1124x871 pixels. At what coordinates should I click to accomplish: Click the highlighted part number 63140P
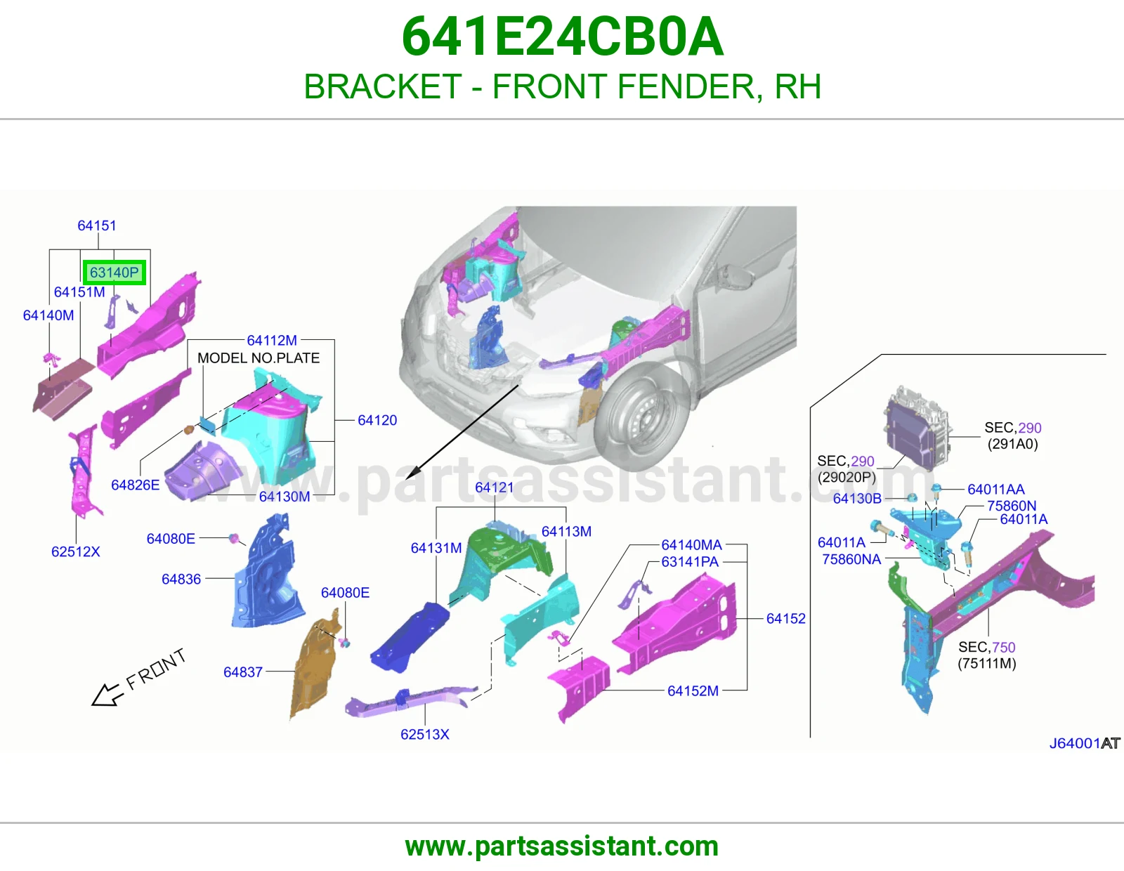pyautogui.click(x=114, y=272)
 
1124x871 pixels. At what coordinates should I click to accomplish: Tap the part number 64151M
pyautogui.click(x=79, y=292)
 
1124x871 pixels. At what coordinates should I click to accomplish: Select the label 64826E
pyautogui.click(x=135, y=485)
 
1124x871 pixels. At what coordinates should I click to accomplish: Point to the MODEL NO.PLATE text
pyautogui.click(x=259, y=358)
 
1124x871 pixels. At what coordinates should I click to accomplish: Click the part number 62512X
pyautogui.click(x=76, y=551)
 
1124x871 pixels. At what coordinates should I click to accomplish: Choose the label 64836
pyautogui.click(x=181, y=579)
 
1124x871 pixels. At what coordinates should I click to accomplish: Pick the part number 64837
pyautogui.click(x=243, y=672)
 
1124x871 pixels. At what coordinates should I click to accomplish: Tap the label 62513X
pyautogui.click(x=425, y=734)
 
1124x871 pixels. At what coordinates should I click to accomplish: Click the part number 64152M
pyautogui.click(x=693, y=690)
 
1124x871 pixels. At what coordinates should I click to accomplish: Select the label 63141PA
pyautogui.click(x=690, y=562)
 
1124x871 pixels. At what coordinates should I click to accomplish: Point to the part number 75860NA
pyautogui.click(x=851, y=559)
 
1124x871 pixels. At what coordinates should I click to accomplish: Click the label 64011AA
pyautogui.click(x=995, y=489)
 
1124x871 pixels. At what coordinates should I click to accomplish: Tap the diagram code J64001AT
pyautogui.click(x=1085, y=743)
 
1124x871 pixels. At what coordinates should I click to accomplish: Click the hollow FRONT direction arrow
pyautogui.click(x=107, y=695)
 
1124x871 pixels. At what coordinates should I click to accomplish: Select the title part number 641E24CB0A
pyautogui.click(x=562, y=37)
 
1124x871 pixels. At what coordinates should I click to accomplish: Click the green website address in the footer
pyautogui.click(x=562, y=846)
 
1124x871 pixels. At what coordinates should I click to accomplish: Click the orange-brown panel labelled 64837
pyautogui.click(x=313, y=667)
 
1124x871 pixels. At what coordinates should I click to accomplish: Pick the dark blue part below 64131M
pyautogui.click(x=409, y=637)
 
